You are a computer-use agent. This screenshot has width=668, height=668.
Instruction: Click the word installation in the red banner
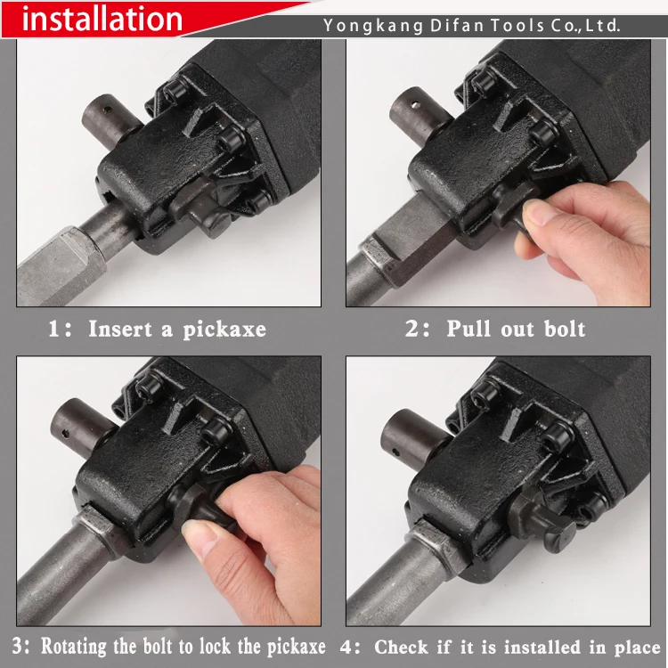point(102,20)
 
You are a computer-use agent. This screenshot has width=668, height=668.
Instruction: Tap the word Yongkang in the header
point(373,27)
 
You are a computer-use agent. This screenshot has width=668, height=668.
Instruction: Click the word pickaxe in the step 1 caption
point(225,330)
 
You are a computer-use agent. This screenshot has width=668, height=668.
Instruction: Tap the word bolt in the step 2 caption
point(565,329)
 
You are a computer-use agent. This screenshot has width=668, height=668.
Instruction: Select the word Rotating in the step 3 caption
point(74,647)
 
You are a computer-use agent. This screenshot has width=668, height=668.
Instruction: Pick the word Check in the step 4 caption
point(401,648)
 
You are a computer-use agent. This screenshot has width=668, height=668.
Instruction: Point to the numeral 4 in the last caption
point(346,648)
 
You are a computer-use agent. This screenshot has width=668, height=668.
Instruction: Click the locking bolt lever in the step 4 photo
point(541,517)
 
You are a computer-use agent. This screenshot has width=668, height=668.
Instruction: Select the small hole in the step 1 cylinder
point(107,110)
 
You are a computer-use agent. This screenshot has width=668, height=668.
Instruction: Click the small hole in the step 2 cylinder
point(416,103)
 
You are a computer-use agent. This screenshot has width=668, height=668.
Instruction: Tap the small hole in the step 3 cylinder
point(65,434)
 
